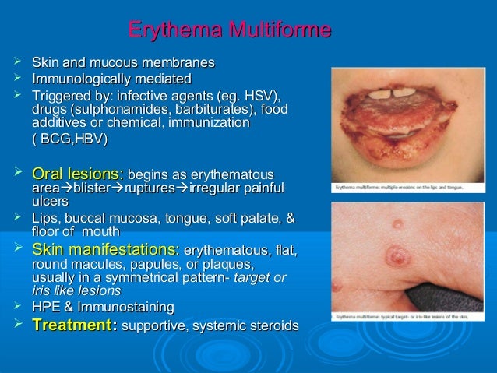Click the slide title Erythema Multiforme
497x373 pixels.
point(230,31)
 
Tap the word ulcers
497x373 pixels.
point(48,202)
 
